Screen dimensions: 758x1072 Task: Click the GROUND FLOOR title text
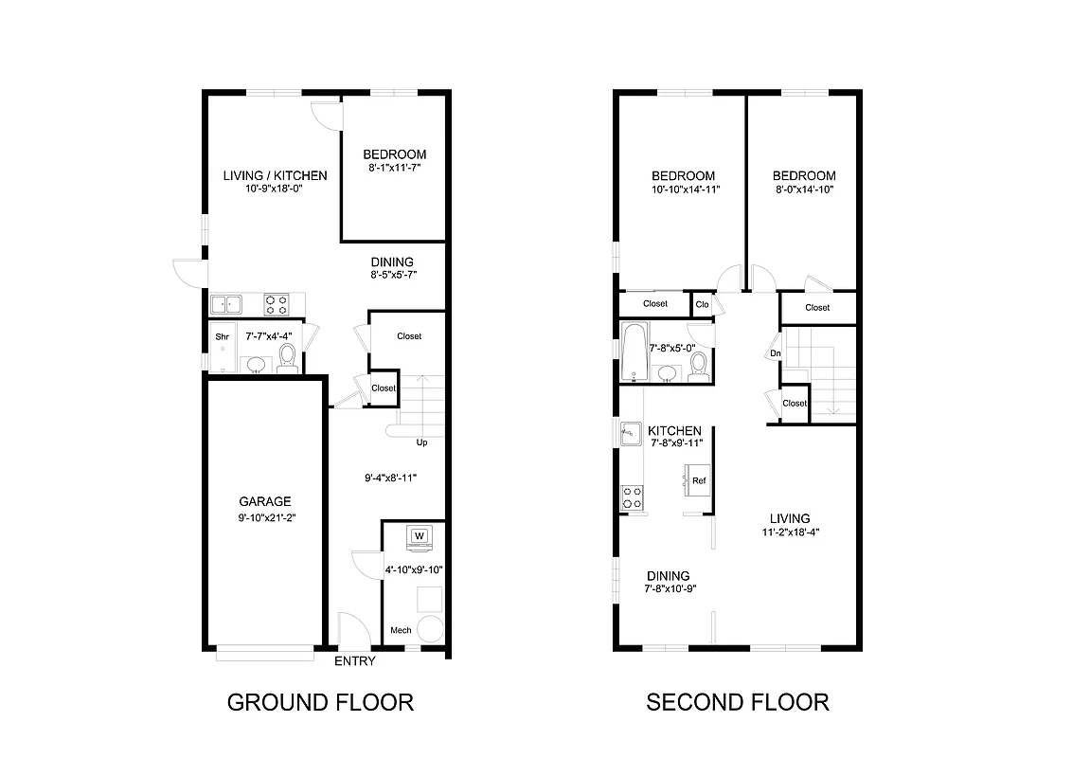click(320, 702)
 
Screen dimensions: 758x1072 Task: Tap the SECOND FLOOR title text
click(737, 702)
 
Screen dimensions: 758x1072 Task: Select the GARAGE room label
click(264, 501)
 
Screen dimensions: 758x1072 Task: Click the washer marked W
click(420, 537)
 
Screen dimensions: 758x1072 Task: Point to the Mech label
click(401, 631)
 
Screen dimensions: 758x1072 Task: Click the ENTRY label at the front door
click(355, 661)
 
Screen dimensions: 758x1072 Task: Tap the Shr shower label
click(223, 336)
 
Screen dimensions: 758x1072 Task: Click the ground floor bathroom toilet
click(288, 358)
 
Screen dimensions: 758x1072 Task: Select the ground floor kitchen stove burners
click(277, 304)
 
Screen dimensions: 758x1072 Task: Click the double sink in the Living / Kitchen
click(226, 304)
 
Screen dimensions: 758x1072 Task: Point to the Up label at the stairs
click(422, 442)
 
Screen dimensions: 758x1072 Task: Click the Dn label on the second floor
click(775, 354)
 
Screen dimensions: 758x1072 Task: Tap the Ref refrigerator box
click(699, 480)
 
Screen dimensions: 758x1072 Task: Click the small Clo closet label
click(702, 304)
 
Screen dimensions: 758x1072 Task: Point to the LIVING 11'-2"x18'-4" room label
click(789, 525)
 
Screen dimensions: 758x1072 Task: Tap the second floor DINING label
click(668, 576)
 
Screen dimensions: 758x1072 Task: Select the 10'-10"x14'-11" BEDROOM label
click(682, 182)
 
